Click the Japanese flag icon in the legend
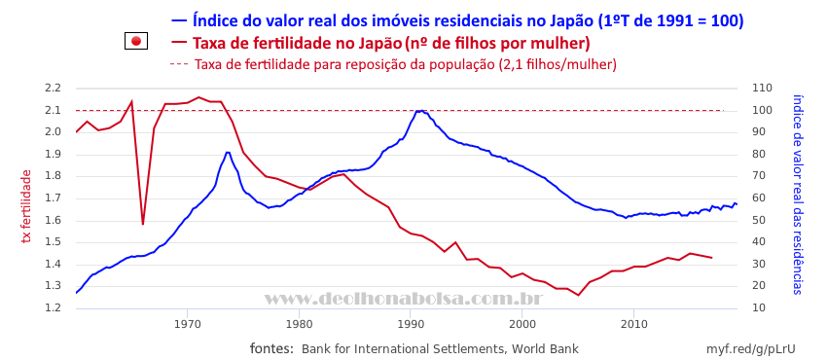[136, 41]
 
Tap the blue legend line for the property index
[179, 20]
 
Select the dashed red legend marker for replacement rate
[179, 65]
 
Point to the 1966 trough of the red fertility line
[142, 224]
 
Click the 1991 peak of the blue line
[420, 111]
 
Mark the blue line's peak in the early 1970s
[228, 153]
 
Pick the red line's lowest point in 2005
[578, 295]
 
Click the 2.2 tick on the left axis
[54, 88]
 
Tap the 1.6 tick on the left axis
[54, 220]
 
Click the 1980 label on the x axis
[299, 323]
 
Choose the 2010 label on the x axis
[633, 323]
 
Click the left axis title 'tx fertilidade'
[26, 206]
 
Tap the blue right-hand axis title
[797, 195]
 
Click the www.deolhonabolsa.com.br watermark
[404, 300]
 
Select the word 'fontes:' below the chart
[271, 348]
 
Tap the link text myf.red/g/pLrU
[750, 349]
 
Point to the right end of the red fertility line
[712, 257]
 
